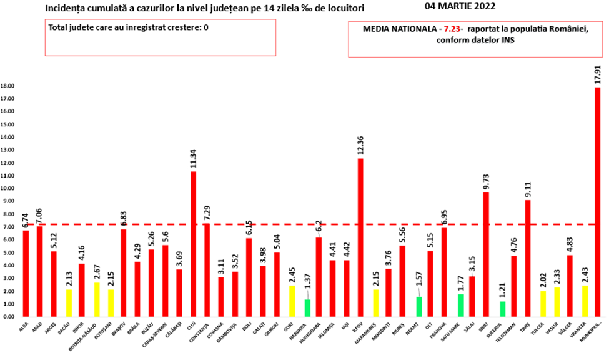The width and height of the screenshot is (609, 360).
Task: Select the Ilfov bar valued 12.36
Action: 360,237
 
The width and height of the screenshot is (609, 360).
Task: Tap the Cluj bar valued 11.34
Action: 194,244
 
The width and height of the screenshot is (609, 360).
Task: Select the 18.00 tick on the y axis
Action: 8,86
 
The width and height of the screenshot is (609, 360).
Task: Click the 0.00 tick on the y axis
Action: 9,317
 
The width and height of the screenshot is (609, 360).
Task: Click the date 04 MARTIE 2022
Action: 459,7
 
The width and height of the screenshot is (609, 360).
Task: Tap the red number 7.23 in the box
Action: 450,30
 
